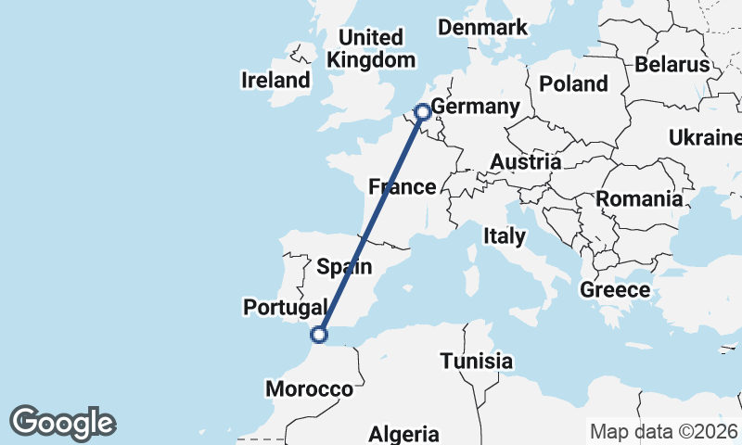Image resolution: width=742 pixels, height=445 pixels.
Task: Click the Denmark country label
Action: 482,28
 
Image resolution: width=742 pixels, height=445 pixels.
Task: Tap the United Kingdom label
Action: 371,48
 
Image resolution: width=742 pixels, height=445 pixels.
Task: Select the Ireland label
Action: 275,80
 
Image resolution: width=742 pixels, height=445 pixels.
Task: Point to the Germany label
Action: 475,108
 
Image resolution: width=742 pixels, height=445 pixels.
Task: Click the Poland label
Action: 573,83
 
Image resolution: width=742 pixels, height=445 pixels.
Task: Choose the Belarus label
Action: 672,65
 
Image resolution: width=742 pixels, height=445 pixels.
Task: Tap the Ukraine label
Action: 704,138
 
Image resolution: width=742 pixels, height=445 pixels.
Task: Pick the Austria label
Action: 525,162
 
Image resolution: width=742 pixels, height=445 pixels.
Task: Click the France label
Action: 402,187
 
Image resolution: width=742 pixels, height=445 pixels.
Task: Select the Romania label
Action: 639,198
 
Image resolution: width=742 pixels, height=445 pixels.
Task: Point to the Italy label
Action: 504,236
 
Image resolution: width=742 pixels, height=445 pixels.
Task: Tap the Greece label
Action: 615,290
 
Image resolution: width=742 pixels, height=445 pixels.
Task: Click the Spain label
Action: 344,267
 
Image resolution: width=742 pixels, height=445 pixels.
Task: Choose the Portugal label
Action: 285,307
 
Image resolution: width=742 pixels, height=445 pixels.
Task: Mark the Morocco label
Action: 310,389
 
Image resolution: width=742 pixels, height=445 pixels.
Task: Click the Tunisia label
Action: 477,361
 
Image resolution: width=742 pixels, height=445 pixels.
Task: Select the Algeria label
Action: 403,434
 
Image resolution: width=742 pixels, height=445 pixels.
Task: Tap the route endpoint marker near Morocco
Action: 320,335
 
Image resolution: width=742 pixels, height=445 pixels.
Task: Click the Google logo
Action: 63,423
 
